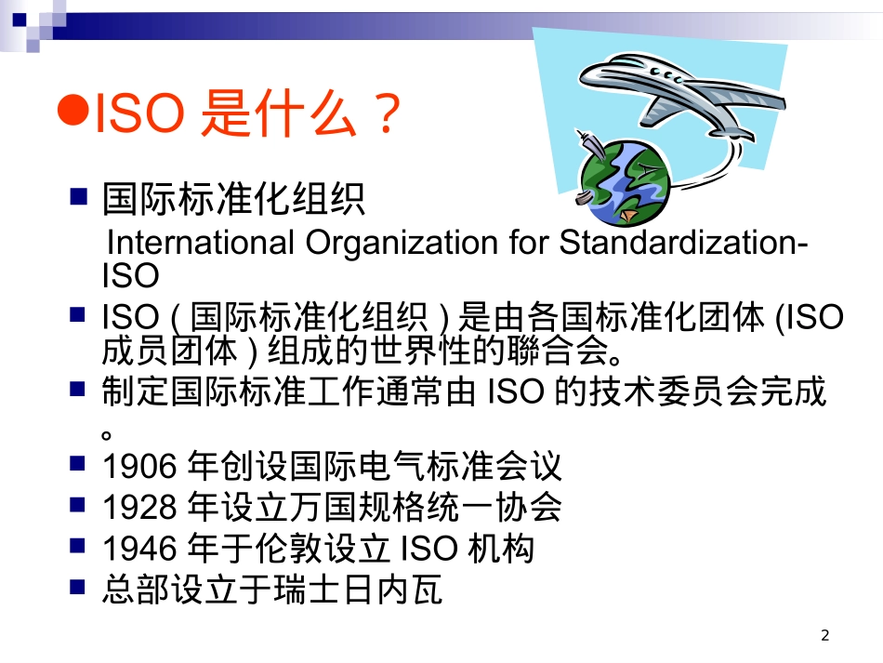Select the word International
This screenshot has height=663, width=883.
200,243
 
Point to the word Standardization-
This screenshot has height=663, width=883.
683,243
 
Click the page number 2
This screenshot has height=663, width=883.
824,636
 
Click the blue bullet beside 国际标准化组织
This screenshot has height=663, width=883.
79,196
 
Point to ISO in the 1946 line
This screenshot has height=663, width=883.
428,550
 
